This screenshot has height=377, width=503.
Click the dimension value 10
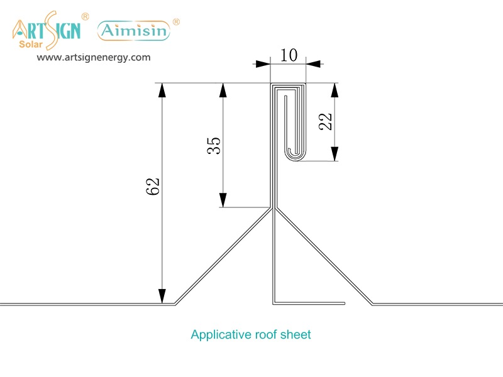(289, 55)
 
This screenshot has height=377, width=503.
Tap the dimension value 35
(214, 145)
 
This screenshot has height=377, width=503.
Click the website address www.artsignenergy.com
(94, 57)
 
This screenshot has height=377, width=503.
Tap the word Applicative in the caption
(216, 334)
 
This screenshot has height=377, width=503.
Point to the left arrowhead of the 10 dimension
(262, 63)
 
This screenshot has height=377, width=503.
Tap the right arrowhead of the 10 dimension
(313, 63)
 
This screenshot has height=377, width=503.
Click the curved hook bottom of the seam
(294, 156)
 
